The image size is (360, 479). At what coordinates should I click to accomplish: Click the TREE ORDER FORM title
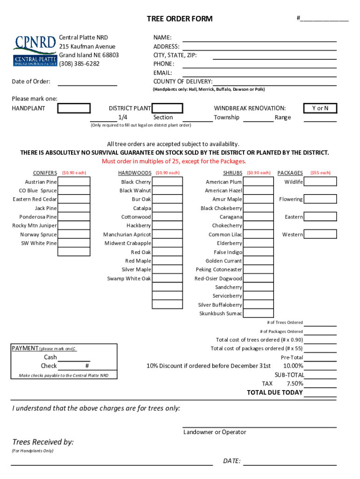point(180,19)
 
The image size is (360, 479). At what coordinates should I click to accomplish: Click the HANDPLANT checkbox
point(74,109)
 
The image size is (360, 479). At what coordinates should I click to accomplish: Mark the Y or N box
point(320,109)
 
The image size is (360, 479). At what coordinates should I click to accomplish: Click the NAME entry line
point(259,38)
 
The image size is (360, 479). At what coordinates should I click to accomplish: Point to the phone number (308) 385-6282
point(79,64)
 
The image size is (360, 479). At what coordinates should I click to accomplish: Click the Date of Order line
point(87,82)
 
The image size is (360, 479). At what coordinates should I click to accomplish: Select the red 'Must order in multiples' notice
point(174,161)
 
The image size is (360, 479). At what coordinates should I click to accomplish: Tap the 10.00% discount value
point(293,366)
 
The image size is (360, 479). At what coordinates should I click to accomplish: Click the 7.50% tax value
point(295,384)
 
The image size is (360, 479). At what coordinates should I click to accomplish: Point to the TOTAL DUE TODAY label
point(274,392)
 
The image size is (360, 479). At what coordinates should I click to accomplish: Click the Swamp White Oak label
point(129,278)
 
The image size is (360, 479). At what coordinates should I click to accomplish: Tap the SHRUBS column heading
point(232,173)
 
